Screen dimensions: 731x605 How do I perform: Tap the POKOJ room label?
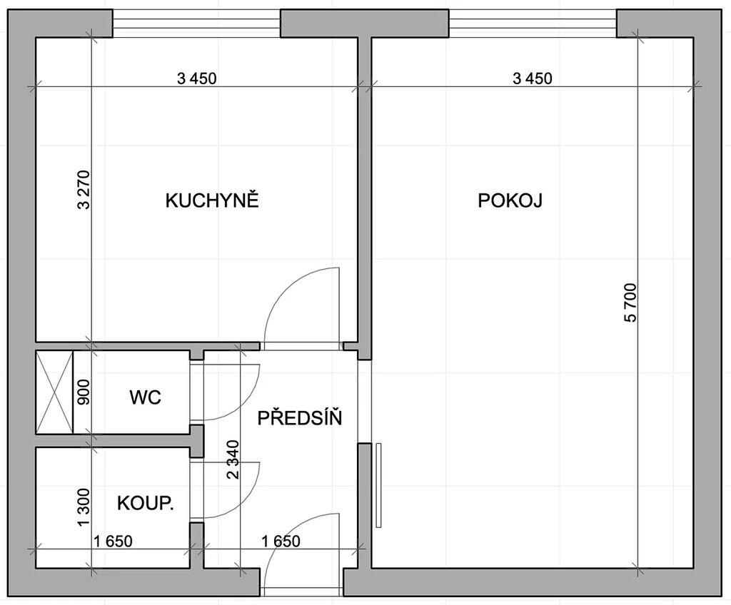tap(510, 200)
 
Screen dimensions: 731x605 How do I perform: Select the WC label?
tap(145, 397)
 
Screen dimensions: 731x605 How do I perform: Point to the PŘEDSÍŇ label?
tap(300, 417)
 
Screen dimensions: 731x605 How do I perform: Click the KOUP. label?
tap(146, 504)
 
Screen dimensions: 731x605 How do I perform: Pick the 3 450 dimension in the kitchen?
tap(197, 78)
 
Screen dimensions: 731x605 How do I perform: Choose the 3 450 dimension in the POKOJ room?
tap(533, 78)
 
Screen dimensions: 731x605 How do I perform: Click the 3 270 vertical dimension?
tap(84, 190)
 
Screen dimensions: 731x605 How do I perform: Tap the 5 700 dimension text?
tap(630, 302)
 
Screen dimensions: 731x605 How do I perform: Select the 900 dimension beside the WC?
tap(84, 392)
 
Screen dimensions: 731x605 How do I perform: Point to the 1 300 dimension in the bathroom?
tap(84, 507)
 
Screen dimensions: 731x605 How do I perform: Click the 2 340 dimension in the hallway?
tap(233, 459)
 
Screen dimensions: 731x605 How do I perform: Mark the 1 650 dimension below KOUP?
tap(113, 541)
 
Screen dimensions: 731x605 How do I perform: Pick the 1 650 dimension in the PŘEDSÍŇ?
tap(281, 541)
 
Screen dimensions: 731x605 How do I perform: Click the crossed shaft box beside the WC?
tap(55, 392)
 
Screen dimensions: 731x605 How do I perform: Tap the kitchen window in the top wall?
tap(196, 24)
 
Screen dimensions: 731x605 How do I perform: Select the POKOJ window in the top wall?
tap(533, 24)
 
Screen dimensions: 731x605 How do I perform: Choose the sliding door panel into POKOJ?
tap(378, 485)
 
